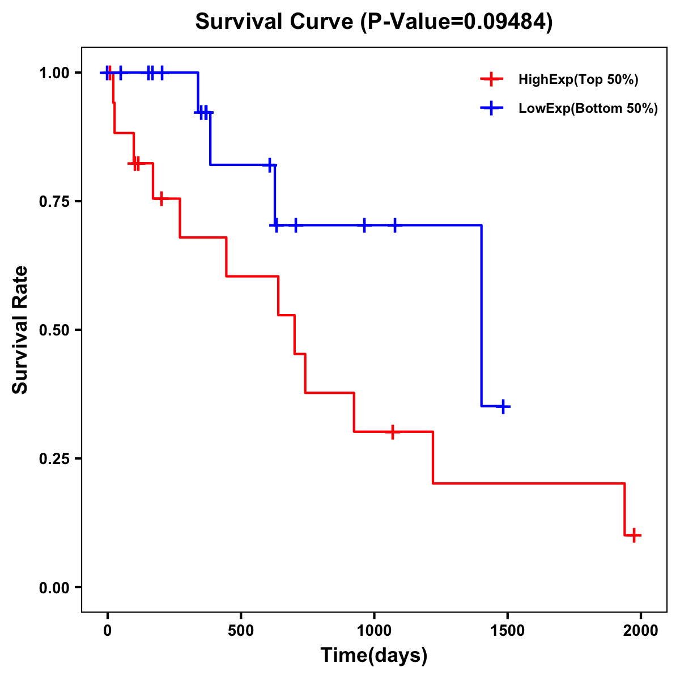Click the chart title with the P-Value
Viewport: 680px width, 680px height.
tap(373, 22)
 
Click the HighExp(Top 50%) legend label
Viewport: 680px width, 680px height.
tap(578, 80)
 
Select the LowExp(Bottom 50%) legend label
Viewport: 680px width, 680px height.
tap(588, 109)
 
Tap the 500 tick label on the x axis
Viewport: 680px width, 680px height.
tap(241, 631)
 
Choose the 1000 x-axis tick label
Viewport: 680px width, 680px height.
tap(374, 631)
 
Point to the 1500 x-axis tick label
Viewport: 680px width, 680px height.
tap(508, 631)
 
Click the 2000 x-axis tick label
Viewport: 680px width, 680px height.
tap(641, 631)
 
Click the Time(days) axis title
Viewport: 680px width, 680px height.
tap(374, 656)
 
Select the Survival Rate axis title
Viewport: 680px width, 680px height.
tap(21, 330)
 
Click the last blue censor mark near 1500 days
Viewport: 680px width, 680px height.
tap(503, 406)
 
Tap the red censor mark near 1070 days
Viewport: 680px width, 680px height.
tap(392, 432)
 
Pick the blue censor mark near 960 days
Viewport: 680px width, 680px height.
tap(364, 225)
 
